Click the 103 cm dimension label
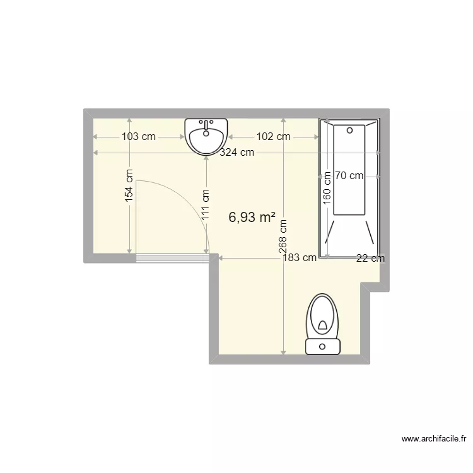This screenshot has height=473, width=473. coord(138,136)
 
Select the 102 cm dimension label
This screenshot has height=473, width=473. coord(274,136)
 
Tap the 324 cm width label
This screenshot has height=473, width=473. coord(237,152)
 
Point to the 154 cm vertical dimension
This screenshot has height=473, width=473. coord(129,185)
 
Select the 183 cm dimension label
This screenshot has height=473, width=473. coord(300,257)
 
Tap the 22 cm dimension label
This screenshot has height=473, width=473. coord(370,257)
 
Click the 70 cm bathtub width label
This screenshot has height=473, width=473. coord(349,176)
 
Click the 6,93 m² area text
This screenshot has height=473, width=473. coord(252,218)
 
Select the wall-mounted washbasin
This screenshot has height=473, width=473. coord(206,136)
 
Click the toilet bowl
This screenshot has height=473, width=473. coord(323,317)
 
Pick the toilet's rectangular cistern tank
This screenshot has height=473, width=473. coord(323,346)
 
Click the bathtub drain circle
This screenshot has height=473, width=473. coord(349,131)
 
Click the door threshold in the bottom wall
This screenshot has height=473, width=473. coord(172,257)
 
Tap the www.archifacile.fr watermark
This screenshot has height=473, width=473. coord(434,439)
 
